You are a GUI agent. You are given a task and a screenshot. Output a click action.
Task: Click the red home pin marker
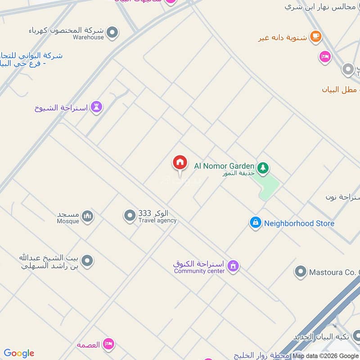(x=180, y=163)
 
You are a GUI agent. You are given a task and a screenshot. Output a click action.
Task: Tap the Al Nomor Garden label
(x=224, y=166)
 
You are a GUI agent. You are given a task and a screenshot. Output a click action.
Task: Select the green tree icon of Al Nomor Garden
(x=263, y=168)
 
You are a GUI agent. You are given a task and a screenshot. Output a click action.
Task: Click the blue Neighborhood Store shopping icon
(x=256, y=223)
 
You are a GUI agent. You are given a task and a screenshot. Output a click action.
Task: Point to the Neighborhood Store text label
(x=299, y=223)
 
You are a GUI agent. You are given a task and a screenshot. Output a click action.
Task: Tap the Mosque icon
(x=88, y=216)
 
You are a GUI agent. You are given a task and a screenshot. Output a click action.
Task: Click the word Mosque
(x=68, y=221)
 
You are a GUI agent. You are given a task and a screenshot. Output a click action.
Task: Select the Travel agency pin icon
(x=130, y=216)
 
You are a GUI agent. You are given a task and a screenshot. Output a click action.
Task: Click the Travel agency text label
(x=157, y=220)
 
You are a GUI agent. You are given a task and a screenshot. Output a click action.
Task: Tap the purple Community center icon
(x=233, y=266)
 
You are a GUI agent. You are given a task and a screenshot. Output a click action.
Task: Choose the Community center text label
(x=199, y=271)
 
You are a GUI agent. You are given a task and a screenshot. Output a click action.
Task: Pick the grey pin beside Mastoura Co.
(x=300, y=271)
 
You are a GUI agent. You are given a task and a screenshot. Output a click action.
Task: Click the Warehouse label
(x=88, y=37)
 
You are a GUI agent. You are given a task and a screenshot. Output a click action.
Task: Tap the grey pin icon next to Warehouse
(x=112, y=32)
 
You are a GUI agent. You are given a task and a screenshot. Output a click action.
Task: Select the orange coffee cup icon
(x=316, y=36)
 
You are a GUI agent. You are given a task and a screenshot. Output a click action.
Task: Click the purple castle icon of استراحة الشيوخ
(x=96, y=107)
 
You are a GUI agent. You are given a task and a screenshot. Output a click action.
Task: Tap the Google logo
(x=19, y=353)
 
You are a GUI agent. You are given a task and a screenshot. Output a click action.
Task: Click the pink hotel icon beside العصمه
(x=108, y=344)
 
